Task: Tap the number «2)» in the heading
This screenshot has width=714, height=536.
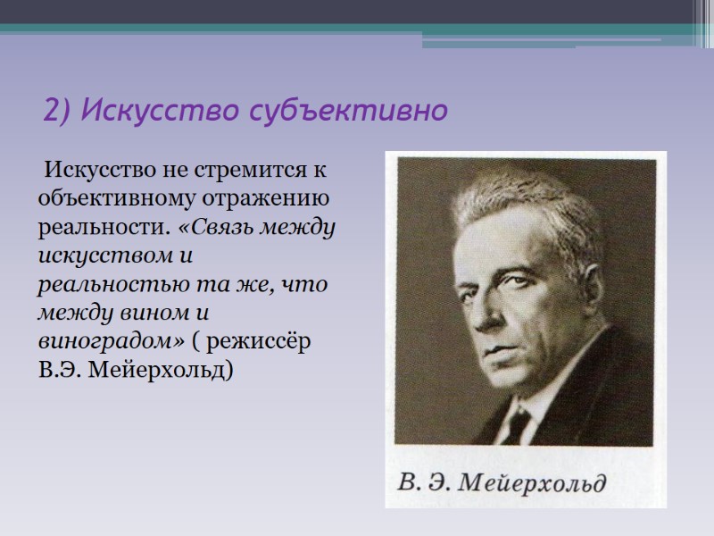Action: (56, 113)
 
